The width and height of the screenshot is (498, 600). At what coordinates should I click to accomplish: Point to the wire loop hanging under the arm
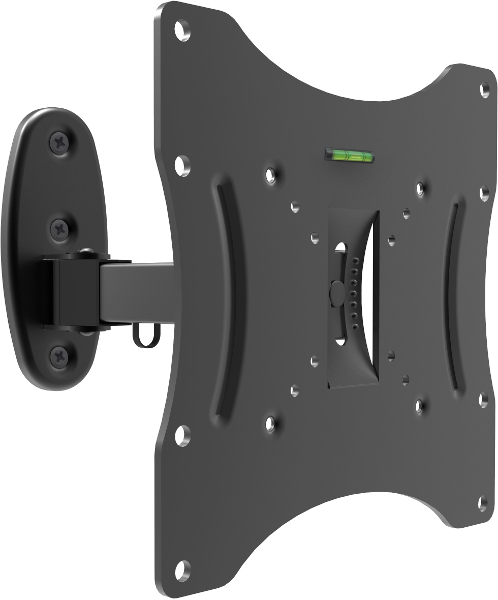[x=146, y=334]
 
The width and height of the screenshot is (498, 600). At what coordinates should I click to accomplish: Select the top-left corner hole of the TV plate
[x=182, y=31]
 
